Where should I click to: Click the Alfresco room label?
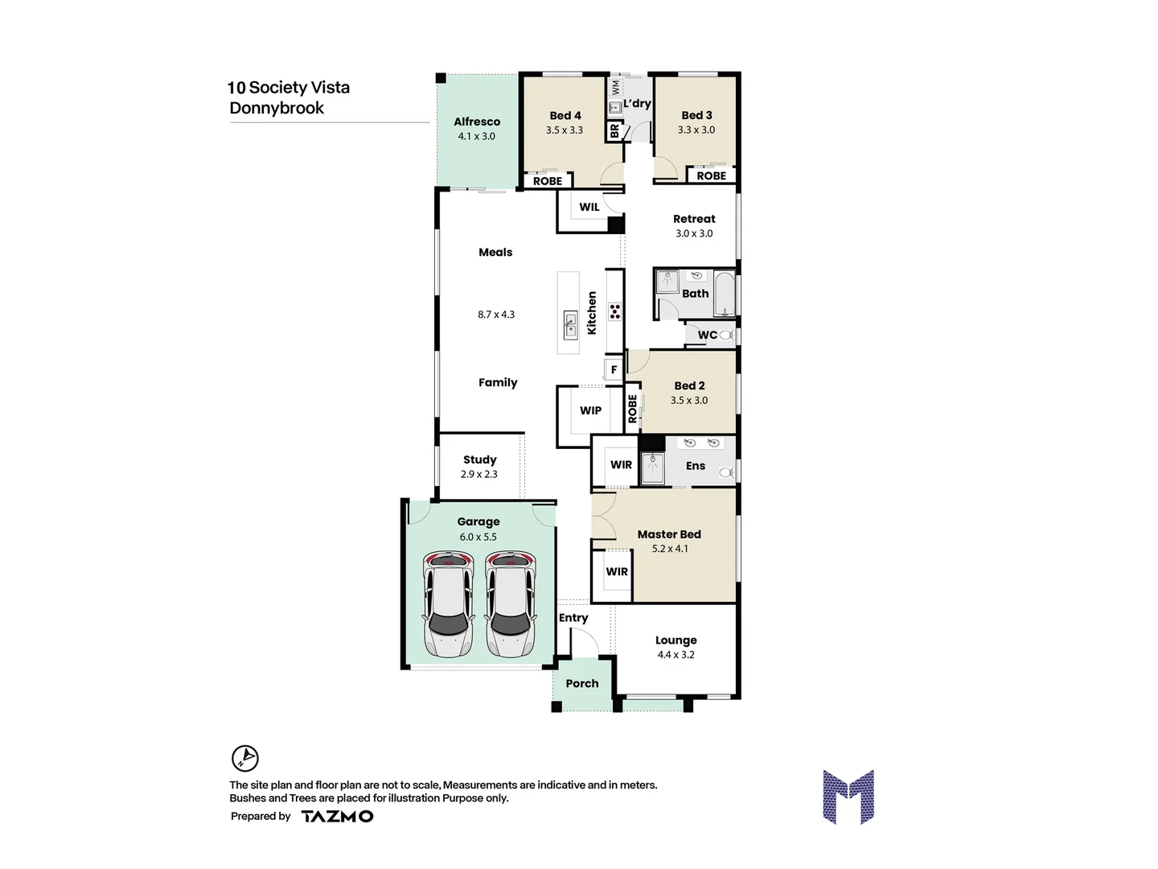tap(477, 121)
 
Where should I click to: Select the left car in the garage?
tap(448, 603)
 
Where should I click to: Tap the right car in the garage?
tap(510, 603)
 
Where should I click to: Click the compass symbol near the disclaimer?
tap(245, 758)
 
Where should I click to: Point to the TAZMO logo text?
tap(337, 816)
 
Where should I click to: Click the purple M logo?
tap(848, 797)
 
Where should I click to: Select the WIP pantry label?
tap(590, 410)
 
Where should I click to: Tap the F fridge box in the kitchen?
tap(614, 370)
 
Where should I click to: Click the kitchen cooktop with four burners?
tap(615, 311)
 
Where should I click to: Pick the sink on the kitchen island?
tap(570, 325)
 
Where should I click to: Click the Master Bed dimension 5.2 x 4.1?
tap(670, 549)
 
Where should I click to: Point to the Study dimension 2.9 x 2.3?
tap(479, 474)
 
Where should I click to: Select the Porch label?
tap(582, 683)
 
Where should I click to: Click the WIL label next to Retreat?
tap(589, 207)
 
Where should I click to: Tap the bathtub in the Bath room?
tap(725, 294)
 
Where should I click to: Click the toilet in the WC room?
tap(726, 335)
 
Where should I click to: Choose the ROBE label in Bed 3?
tap(711, 175)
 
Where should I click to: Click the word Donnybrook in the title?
tap(277, 108)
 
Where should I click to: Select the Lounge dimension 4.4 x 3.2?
tap(675, 655)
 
